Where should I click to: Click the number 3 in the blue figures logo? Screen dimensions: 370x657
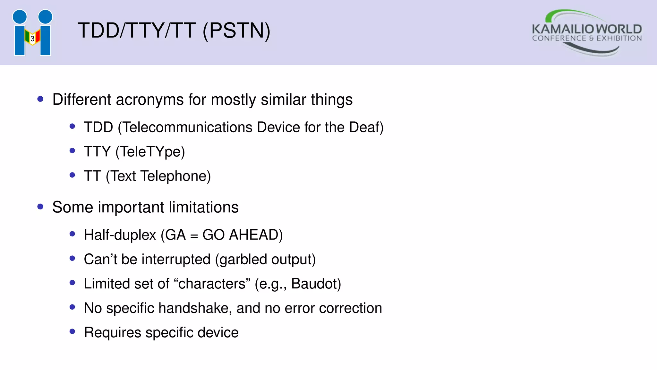click(32, 39)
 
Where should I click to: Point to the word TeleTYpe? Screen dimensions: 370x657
click(150, 152)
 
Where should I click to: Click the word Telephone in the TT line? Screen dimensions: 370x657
click(175, 176)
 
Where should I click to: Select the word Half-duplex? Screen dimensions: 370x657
click(120, 235)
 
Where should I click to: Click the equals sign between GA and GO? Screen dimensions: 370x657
click(194, 236)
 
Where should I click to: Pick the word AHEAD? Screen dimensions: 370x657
click(256, 235)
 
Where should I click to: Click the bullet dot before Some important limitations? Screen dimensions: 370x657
click(40, 207)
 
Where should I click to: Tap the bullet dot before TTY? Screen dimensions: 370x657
click(72, 151)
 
